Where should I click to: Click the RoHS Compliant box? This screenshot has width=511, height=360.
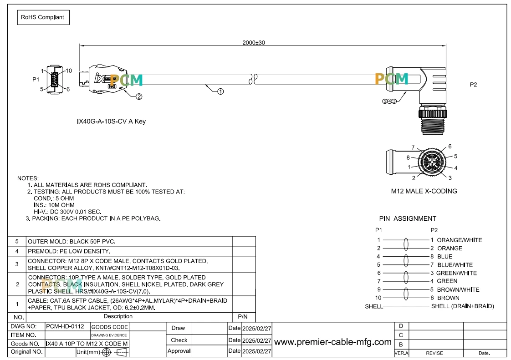pyautogui.click(x=43, y=17)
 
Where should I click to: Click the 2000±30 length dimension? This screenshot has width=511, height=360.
pyautogui.click(x=254, y=43)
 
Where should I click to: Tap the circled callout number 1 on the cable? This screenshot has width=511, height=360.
pyautogui.click(x=220, y=91)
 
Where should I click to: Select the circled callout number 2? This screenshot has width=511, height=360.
pyautogui.click(x=139, y=96)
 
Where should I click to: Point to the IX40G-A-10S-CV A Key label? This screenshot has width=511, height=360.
pyautogui.click(x=111, y=121)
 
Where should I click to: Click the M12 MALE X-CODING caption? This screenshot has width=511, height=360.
pyautogui.click(x=424, y=191)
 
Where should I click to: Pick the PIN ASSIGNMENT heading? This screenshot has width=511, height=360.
pyautogui.click(x=407, y=218)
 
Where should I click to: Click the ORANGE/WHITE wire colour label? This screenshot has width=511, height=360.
pyautogui.click(x=460, y=240)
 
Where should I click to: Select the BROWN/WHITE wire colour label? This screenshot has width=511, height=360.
pyautogui.click(x=458, y=289)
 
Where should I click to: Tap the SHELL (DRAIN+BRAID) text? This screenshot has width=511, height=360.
pyautogui.click(x=462, y=306)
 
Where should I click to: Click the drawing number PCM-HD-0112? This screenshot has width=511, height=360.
pyautogui.click(x=65, y=326)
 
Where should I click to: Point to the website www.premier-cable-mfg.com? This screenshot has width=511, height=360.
pyautogui.click(x=333, y=342)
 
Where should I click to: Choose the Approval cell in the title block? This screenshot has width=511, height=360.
pyautogui.click(x=179, y=351)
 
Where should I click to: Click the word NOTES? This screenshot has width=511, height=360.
pyautogui.click(x=28, y=178)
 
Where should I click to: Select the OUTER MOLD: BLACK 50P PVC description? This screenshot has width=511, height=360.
pyautogui.click(x=72, y=241)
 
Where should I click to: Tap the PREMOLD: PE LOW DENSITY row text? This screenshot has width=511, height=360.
pyautogui.click(x=69, y=251)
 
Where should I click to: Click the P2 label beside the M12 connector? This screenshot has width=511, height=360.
pyautogui.click(x=473, y=85)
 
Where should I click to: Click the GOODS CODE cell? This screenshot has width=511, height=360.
pyautogui.click(x=109, y=327)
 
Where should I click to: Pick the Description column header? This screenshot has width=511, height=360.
pyautogui.click(x=118, y=316)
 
